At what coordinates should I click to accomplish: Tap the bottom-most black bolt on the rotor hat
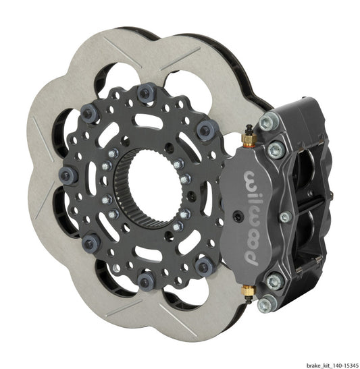[143, 279]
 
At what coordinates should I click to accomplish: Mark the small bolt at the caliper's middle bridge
[285, 217]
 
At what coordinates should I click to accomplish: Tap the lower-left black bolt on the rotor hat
[87, 242]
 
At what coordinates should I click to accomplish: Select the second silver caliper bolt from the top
[274, 150]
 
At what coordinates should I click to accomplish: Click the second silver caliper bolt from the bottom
[274, 279]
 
